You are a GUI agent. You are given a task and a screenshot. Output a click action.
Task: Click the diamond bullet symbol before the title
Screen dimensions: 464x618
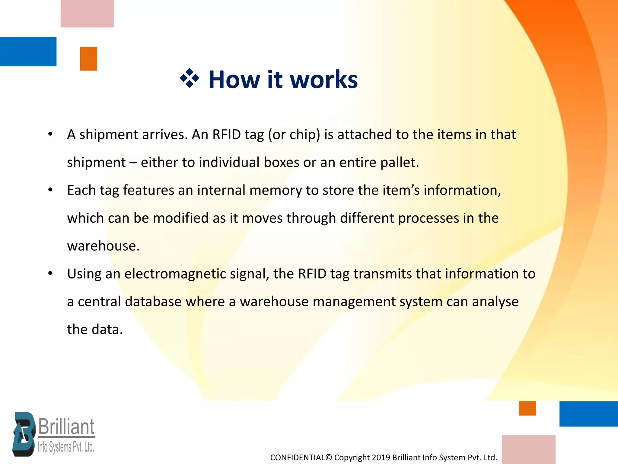click(x=189, y=79)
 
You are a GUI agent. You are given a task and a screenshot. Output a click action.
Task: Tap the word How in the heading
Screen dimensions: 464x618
click(x=234, y=80)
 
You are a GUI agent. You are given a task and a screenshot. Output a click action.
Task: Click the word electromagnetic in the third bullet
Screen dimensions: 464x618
click(x=175, y=274)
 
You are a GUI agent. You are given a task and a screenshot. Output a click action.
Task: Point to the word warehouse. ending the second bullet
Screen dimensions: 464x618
click(x=103, y=246)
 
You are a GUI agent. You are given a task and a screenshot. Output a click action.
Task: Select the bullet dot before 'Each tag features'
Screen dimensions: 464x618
click(x=50, y=190)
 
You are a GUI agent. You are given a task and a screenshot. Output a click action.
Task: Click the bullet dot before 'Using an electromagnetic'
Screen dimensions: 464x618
click(x=50, y=273)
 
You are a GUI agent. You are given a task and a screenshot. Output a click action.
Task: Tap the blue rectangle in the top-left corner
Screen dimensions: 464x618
click(x=28, y=51)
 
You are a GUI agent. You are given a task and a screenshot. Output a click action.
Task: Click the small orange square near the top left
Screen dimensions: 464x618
click(x=88, y=59)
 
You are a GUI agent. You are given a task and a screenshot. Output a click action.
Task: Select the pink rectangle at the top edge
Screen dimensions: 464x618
click(x=87, y=14)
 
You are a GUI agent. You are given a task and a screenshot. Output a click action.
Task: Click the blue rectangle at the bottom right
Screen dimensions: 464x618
click(x=588, y=414)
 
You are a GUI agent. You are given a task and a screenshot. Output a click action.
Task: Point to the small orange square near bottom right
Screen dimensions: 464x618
click(x=527, y=408)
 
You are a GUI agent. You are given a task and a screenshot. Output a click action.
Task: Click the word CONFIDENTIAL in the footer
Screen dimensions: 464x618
click(x=298, y=458)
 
